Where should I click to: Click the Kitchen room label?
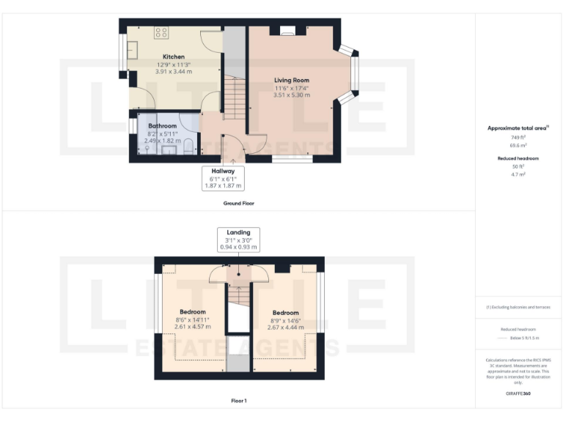174,56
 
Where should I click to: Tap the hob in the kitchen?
162,32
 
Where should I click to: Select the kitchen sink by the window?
133,50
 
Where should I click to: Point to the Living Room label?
292,80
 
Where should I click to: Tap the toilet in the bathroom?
189,144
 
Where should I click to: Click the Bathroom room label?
162,126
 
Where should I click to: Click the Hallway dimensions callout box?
224,178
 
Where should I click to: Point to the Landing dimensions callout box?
239,240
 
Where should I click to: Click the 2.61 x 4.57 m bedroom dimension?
192,327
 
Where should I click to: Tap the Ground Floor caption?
239,203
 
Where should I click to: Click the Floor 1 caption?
239,401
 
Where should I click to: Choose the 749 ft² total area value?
518,137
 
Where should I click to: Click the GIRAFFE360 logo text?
518,394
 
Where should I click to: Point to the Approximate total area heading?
518,128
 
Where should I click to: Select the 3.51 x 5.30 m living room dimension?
292,95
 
